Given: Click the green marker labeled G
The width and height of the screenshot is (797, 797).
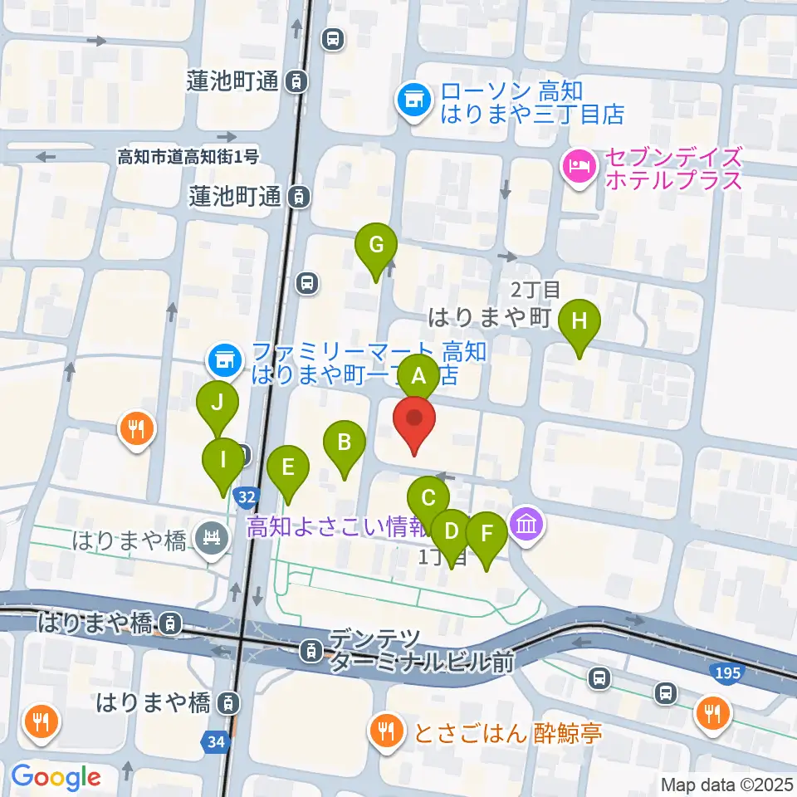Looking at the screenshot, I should coord(376,246).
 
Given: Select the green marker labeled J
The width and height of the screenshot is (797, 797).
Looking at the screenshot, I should coord(218,404).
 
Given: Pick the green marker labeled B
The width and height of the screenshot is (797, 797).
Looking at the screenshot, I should coord(345,443).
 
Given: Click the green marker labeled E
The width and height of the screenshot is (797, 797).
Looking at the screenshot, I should coord(287,467).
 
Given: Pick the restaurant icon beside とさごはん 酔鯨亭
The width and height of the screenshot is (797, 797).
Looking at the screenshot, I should coord(384,731).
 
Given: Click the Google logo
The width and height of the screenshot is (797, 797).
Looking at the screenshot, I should coord(56,777).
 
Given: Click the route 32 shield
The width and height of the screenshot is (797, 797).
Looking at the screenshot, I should coord(245,497).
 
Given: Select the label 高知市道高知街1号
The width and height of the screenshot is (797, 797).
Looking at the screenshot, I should coord(188,156).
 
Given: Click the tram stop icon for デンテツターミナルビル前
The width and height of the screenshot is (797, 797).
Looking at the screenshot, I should coord(311,649).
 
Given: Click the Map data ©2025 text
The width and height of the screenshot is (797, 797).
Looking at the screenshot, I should coord(726,784).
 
